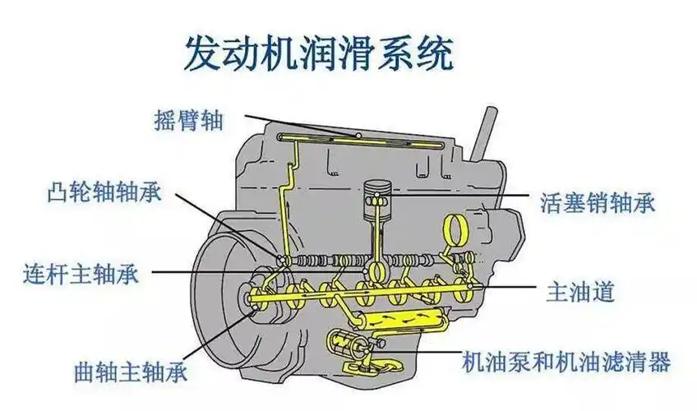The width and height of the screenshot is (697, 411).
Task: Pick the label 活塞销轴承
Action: coord(598,201)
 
